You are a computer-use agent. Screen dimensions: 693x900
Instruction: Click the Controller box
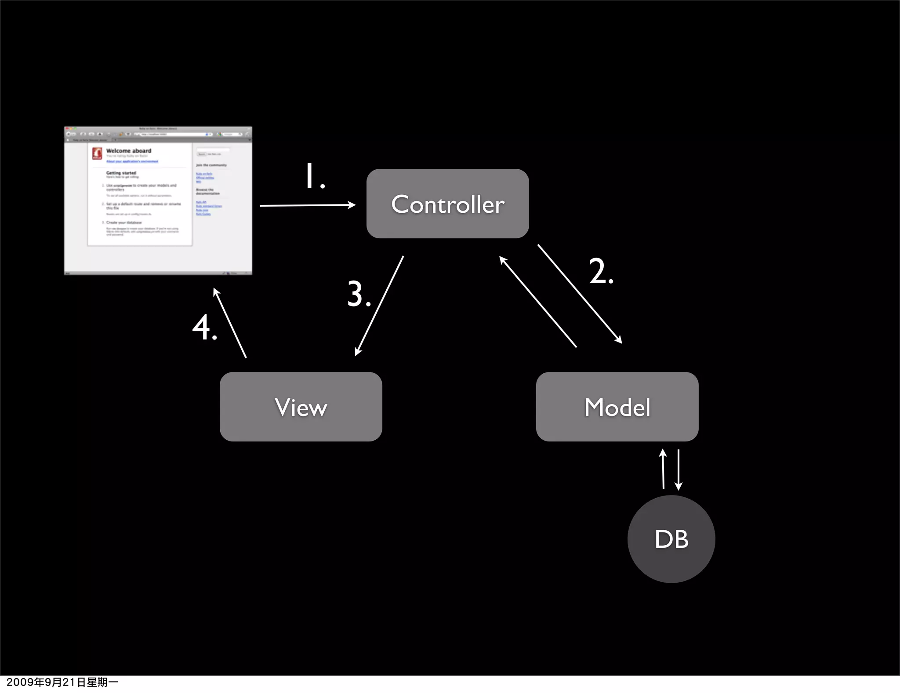447,204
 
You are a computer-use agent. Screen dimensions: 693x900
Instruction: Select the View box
301,407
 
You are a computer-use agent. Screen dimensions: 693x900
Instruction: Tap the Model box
617,407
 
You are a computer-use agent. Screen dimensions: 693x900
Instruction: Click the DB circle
671,539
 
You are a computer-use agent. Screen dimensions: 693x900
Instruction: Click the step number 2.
600,271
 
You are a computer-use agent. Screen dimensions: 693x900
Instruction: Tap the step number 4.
204,328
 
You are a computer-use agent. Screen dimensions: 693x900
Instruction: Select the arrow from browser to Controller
308,205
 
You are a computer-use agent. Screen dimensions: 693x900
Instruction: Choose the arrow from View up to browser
230,323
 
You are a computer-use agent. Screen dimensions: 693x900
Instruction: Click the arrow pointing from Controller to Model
580,294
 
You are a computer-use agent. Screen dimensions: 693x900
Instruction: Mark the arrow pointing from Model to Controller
538,303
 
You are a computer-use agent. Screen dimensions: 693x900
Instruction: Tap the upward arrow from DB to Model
663,469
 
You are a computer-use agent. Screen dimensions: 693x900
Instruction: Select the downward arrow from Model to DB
679,470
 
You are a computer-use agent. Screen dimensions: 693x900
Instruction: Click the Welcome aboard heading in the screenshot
128,151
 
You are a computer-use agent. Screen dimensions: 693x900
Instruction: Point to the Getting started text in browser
121,173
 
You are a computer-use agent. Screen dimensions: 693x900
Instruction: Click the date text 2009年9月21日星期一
62,682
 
